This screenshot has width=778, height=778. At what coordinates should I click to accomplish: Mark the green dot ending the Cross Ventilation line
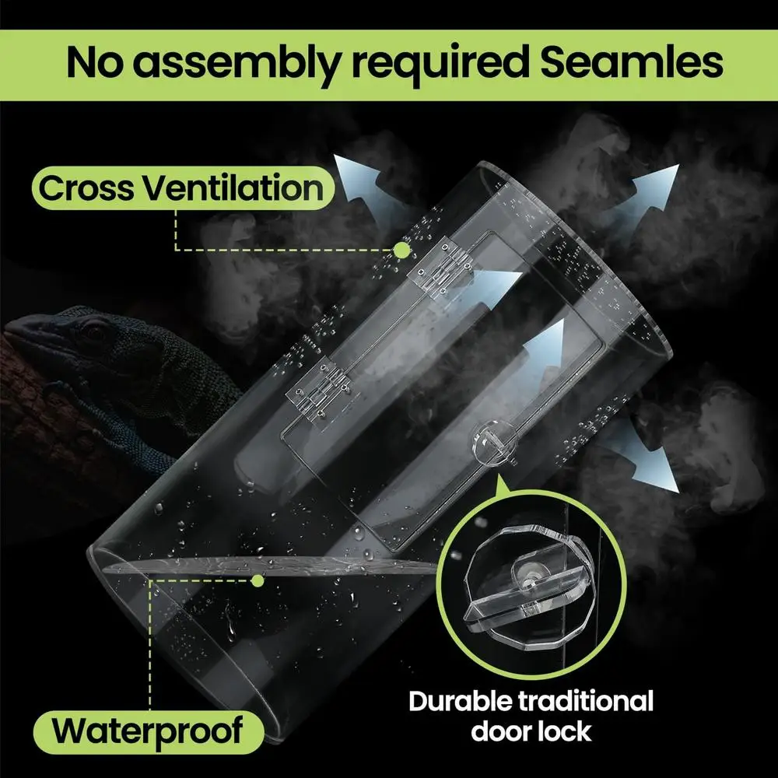coord(401,250)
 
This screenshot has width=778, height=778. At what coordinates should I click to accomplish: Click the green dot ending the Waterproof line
coord(258,580)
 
